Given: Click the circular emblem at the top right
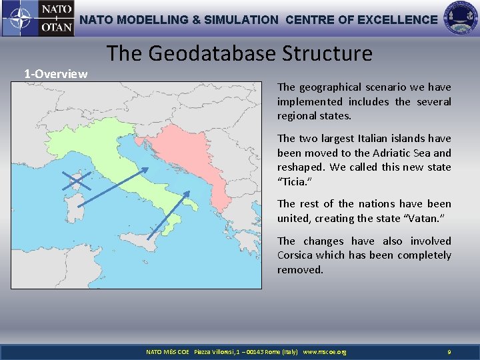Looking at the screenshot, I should tap(461, 19).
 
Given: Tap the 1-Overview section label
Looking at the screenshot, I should tap(55, 73).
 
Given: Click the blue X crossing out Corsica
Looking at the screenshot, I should tap(77, 180).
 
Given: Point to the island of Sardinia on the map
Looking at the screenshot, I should tap(78, 213).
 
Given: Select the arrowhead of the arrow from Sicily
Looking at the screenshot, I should tap(187, 195).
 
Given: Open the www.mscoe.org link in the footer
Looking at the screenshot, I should tap(325, 351).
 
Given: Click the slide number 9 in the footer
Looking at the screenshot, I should tap(449, 351).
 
